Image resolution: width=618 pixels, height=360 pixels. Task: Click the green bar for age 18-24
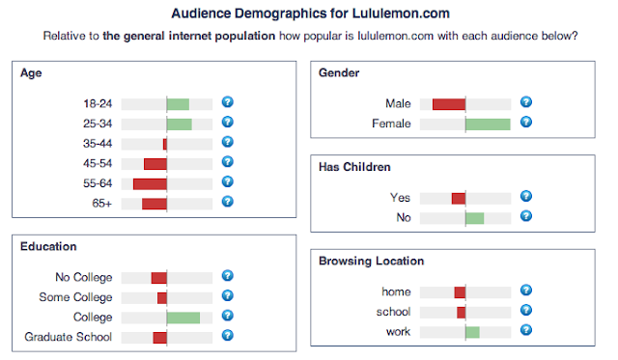pyautogui.click(x=178, y=103)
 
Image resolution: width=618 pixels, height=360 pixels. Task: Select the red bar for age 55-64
pyautogui.click(x=150, y=182)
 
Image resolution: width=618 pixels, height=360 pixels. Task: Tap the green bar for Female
pyautogui.click(x=488, y=124)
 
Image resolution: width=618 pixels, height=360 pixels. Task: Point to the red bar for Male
pyautogui.click(x=449, y=103)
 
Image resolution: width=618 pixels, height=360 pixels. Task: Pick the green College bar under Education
pyautogui.click(x=183, y=318)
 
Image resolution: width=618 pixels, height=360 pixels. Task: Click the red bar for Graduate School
pyautogui.click(x=159, y=337)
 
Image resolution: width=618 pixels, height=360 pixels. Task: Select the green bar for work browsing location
pyautogui.click(x=472, y=332)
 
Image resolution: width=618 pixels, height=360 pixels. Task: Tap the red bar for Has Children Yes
pyautogui.click(x=459, y=198)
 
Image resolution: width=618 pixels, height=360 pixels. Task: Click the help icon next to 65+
pyautogui.click(x=228, y=202)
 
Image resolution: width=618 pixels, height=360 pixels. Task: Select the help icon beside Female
pyautogui.click(x=526, y=123)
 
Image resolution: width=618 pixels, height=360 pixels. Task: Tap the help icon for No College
pyautogui.click(x=228, y=276)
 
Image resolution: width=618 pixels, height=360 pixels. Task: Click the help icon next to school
pyautogui.click(x=526, y=311)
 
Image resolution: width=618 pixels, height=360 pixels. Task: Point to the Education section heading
pyautogui.click(x=48, y=247)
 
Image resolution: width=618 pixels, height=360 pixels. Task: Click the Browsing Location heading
pyautogui.click(x=371, y=261)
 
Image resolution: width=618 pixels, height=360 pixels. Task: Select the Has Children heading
pyautogui.click(x=354, y=167)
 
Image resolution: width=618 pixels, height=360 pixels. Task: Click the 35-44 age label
pyautogui.click(x=98, y=143)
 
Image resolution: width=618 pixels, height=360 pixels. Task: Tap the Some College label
pyautogui.click(x=75, y=297)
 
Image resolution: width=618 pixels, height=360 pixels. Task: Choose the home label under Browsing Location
pyautogui.click(x=396, y=292)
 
